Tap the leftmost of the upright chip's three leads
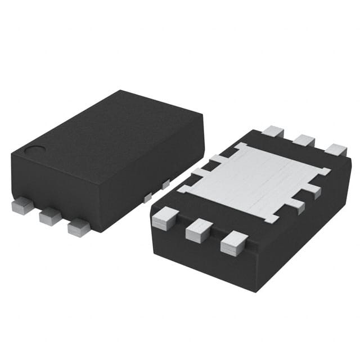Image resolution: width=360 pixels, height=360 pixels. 23,206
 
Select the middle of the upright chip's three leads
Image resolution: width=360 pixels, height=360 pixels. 50,216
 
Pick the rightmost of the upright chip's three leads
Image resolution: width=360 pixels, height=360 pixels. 79,227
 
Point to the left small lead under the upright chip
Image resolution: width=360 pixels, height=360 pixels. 147,197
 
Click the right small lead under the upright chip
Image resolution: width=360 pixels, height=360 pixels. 165,184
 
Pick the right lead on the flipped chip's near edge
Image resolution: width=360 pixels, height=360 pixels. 234,244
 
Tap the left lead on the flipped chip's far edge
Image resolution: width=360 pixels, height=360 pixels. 273,132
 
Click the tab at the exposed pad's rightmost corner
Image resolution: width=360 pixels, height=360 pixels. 325,170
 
